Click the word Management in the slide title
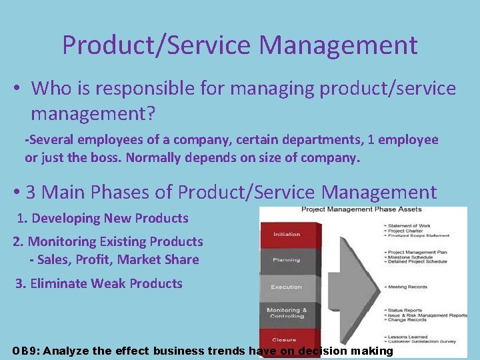coord(339,45)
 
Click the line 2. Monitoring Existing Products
coord(107,241)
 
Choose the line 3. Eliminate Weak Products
coord(99,283)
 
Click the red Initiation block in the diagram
coord(286,235)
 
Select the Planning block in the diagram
coord(286,260)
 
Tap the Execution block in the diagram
coord(286,287)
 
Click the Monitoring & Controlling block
coord(286,313)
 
